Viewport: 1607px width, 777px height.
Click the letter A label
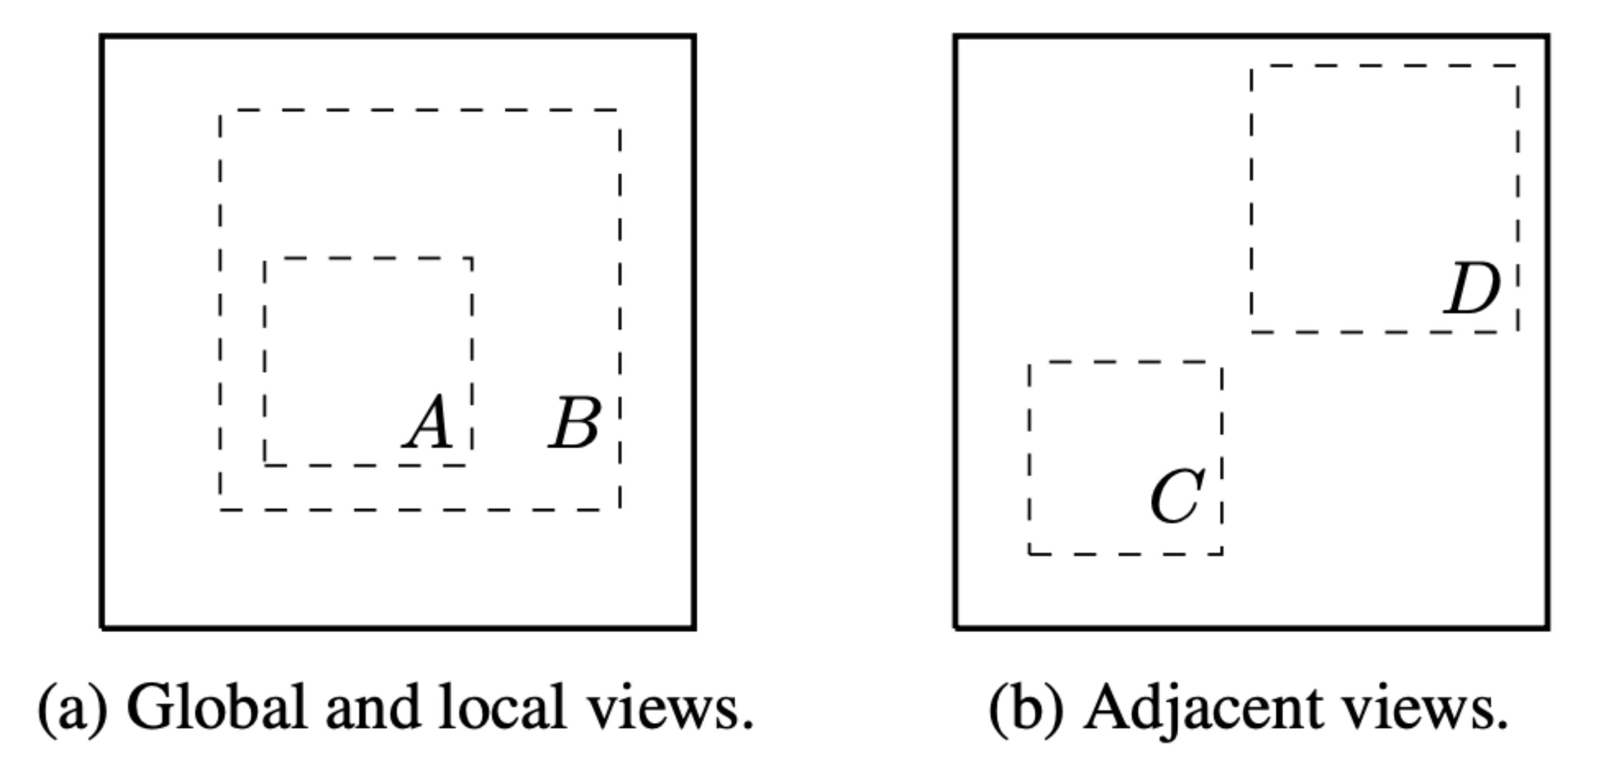click(x=429, y=423)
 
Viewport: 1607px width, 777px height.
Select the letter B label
click(x=575, y=423)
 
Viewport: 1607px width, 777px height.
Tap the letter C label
click(x=1177, y=498)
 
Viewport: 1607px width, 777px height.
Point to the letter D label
click(x=1473, y=289)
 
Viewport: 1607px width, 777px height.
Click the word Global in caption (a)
click(x=216, y=707)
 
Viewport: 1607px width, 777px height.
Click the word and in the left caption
click(x=372, y=707)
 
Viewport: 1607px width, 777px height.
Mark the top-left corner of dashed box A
click(x=265, y=258)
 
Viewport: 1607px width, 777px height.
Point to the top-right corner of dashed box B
click(x=619, y=111)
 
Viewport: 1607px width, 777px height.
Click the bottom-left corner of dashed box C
click(x=1030, y=553)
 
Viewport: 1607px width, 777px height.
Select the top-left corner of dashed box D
click(x=1252, y=65)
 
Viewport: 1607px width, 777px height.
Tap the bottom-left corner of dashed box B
click(x=220, y=510)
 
